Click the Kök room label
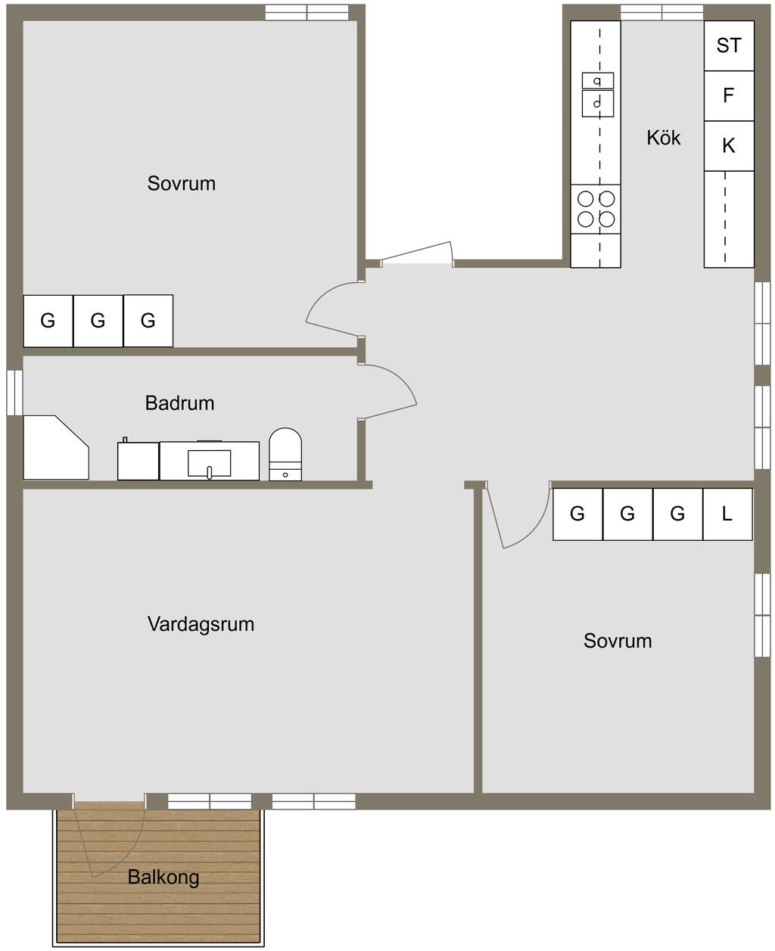pos(663,138)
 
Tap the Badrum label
pos(179,403)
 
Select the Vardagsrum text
pos(201,624)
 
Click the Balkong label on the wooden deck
pos(163,877)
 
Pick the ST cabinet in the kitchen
pos(729,45)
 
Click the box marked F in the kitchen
pos(729,96)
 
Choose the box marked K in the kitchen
pos(729,146)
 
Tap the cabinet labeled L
pos(727,514)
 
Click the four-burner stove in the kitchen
pos(596,209)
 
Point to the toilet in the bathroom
pos(285,454)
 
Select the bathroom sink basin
pos(210,464)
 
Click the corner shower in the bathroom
pos(56,448)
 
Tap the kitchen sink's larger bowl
pos(598,104)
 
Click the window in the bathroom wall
pos(14,393)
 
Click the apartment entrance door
pos(418,253)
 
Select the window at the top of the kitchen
pos(662,13)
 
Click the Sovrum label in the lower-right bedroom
pos(618,641)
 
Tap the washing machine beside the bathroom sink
pos(138,461)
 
